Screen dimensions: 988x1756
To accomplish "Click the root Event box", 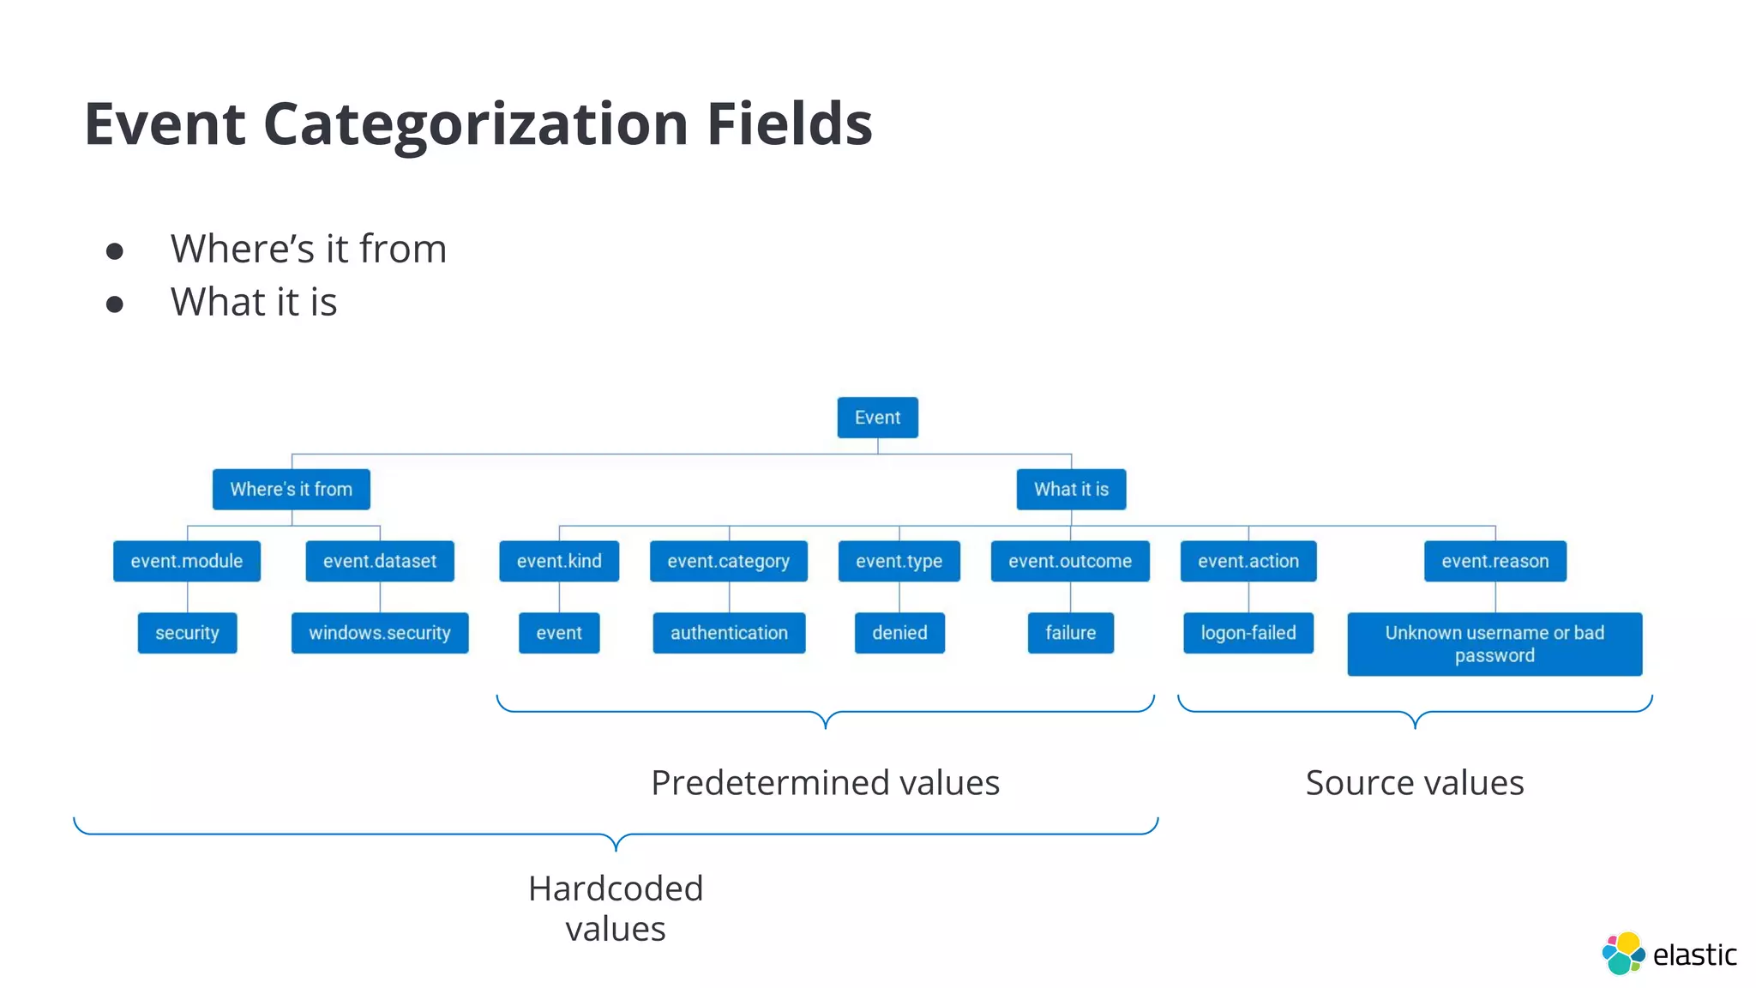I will point(877,418).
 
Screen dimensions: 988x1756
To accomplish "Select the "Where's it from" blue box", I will point(291,489).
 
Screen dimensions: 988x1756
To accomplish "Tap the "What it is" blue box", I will point(1071,489).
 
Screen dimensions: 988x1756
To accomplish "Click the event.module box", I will point(186,561).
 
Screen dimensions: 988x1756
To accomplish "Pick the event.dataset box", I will point(379,561).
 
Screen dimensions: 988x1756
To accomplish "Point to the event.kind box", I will point(559,561).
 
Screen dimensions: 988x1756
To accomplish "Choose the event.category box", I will point(728,561).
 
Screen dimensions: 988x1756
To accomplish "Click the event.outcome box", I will point(1069,561).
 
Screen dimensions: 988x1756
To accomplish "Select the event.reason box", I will point(1494,561).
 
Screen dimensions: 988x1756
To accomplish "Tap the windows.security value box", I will point(379,633).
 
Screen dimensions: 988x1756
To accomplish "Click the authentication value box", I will point(729,633).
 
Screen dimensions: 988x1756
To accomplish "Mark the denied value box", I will point(899,633).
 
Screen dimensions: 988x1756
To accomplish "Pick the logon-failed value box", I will point(1248,633).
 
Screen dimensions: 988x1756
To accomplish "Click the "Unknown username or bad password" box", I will point(1494,644).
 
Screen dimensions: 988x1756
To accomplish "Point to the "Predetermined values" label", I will point(825,782).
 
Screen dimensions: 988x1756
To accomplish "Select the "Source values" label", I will point(1414,782).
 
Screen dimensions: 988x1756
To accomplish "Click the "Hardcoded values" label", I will point(615,908).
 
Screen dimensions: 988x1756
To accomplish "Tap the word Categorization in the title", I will point(476,125).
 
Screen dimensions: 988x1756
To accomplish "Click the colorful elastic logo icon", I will point(1622,953).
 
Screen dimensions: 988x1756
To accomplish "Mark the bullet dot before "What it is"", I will point(115,304).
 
